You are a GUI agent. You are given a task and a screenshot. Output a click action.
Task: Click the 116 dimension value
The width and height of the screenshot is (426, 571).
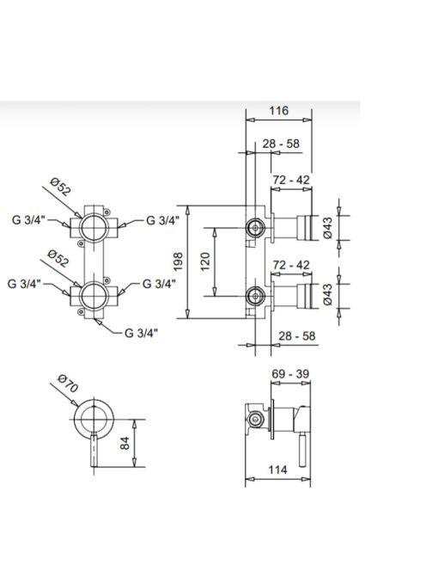[278, 110]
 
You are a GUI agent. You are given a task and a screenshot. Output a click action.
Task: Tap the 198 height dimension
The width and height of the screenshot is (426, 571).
[179, 261]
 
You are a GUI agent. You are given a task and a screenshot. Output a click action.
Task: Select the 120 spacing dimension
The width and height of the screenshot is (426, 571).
[205, 261]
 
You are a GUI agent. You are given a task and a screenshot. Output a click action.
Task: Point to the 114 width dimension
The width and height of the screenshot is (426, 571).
[277, 470]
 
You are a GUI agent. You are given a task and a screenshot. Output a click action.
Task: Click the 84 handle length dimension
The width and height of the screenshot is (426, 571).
[125, 443]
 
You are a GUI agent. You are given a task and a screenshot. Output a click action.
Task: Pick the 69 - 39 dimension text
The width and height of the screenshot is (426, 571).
[290, 373]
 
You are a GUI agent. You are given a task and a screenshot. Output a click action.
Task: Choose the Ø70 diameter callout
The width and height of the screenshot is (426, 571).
[68, 384]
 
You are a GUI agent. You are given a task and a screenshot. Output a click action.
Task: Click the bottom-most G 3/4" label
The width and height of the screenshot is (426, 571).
[141, 333]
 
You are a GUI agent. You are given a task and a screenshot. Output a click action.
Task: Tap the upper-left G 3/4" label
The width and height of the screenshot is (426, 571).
[28, 220]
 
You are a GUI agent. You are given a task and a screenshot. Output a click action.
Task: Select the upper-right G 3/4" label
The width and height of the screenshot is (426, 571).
[162, 220]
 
